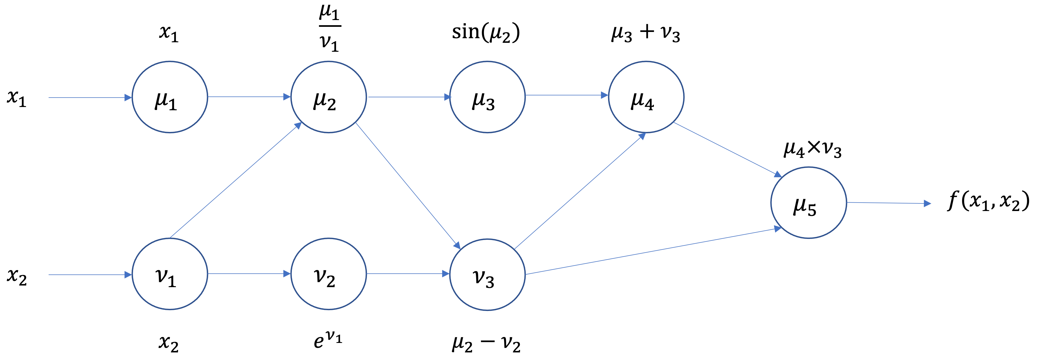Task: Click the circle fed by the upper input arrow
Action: point(170,97)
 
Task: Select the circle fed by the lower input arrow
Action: point(170,274)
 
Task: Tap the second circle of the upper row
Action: point(328,97)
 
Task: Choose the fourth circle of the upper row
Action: point(646,97)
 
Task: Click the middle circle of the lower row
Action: point(328,274)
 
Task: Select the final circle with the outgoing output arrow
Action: point(809,202)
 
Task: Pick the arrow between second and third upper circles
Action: point(409,97)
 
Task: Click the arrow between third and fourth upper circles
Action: point(566,95)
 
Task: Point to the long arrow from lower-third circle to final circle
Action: point(653,252)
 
